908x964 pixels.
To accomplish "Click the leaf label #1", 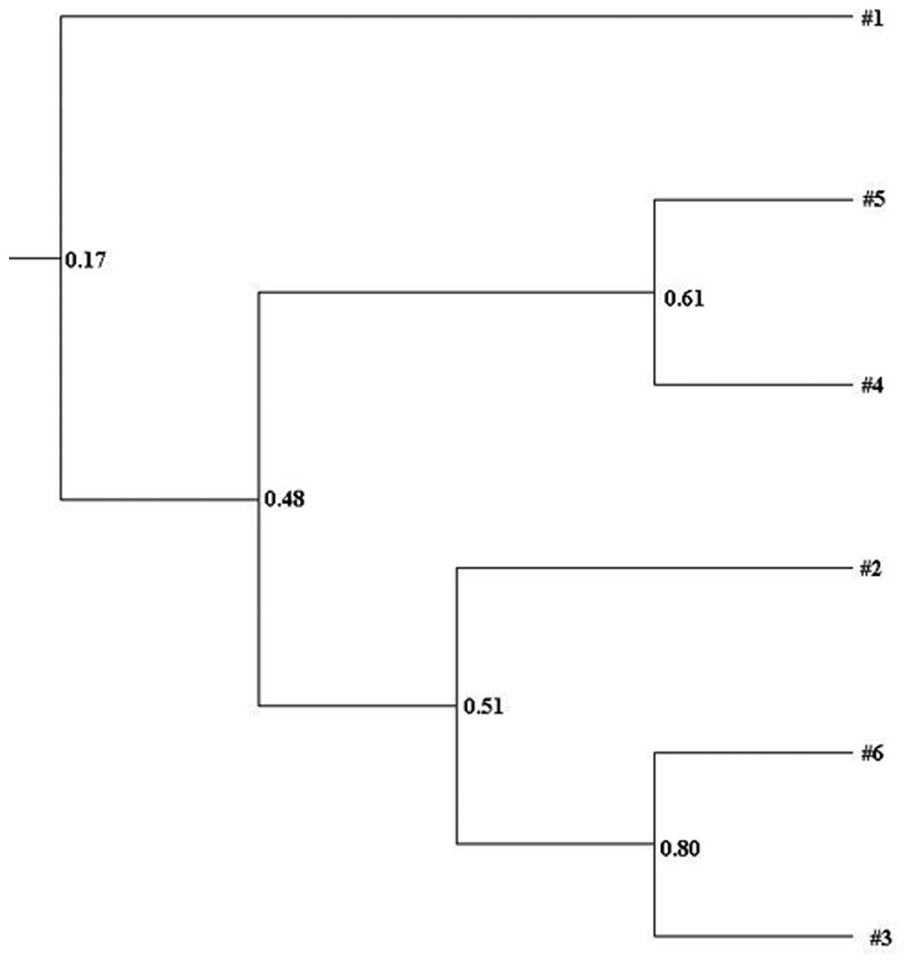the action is click(872, 19).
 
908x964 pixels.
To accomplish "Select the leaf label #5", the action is click(873, 200).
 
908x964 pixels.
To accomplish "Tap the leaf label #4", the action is click(872, 386).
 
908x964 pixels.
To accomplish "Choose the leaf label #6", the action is click(872, 753).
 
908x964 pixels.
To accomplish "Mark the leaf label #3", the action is click(880, 938).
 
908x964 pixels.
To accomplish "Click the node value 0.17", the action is click(86, 261).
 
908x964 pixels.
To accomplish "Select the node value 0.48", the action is click(285, 499).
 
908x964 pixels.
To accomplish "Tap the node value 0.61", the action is click(683, 299).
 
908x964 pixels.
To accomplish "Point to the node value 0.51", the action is click(483, 707).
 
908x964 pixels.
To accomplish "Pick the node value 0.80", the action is click(680, 849).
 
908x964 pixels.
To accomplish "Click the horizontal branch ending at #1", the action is click(452, 16).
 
